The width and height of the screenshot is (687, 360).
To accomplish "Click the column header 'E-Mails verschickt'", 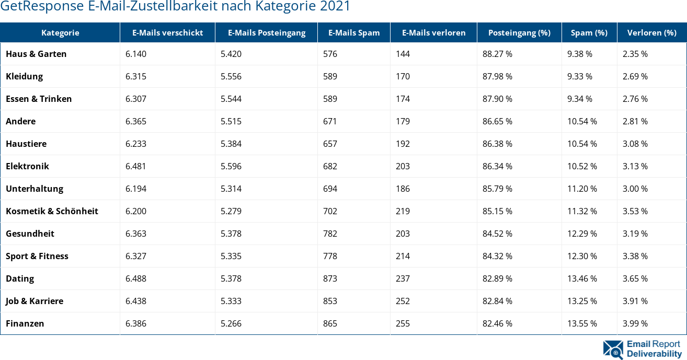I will click(167, 32).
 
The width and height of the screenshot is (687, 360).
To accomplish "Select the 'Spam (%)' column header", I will click(589, 32).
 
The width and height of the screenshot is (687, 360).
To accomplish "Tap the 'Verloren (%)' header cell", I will click(651, 32).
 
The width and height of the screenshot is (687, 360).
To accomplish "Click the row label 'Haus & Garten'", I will click(36, 54).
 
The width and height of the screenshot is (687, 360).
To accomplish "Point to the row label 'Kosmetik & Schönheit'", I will click(52, 211).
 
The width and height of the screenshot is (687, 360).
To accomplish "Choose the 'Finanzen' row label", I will click(25, 323).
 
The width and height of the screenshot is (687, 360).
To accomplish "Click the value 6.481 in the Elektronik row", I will click(136, 166).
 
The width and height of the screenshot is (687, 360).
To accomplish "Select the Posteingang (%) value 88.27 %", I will click(497, 54).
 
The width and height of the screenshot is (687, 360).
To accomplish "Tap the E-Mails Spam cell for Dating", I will click(330, 278).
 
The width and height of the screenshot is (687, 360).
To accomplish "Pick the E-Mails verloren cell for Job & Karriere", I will click(403, 301).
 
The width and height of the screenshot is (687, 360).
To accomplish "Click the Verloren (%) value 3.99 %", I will click(635, 323).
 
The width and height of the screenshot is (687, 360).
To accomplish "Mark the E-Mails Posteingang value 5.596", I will click(231, 166).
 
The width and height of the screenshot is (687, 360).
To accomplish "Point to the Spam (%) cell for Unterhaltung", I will click(582, 189).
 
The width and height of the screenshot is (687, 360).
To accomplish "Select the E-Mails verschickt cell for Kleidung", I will click(136, 76).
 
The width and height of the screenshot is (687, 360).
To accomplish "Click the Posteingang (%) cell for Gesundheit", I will click(497, 234).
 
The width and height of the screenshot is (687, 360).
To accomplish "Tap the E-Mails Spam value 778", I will click(330, 256).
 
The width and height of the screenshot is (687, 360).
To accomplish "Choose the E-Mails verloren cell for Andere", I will click(403, 121).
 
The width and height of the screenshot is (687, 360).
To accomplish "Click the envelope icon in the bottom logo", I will click(613, 350).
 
